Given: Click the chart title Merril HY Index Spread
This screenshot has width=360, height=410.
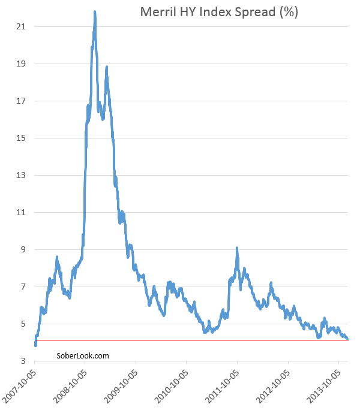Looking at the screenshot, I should [x=219, y=11].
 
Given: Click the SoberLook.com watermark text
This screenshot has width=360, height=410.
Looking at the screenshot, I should [x=83, y=355].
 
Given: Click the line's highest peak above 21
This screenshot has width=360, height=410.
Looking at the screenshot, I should [x=95, y=12].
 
